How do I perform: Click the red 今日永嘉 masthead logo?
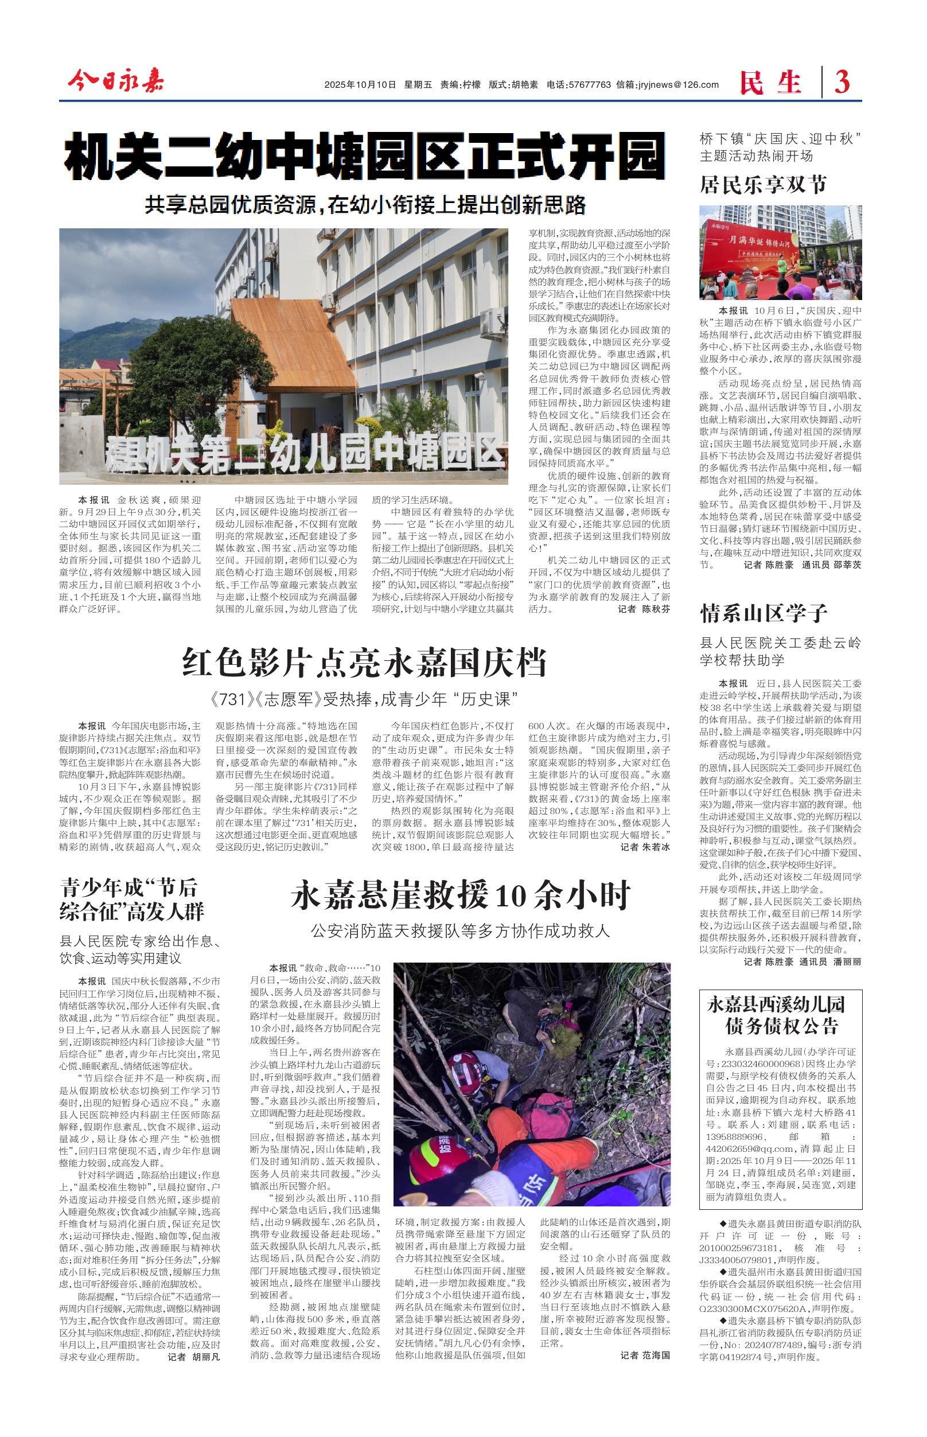click(x=115, y=81)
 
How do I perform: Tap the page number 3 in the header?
click(x=842, y=82)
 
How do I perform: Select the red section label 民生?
click(x=770, y=83)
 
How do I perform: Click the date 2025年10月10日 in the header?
click(x=360, y=85)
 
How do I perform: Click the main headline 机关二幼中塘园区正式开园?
click(x=364, y=158)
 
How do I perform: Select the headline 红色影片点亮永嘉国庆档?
click(x=364, y=663)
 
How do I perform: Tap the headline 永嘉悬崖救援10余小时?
click(x=461, y=895)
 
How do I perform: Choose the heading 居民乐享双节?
click(x=764, y=185)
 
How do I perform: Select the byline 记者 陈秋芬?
click(x=644, y=609)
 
